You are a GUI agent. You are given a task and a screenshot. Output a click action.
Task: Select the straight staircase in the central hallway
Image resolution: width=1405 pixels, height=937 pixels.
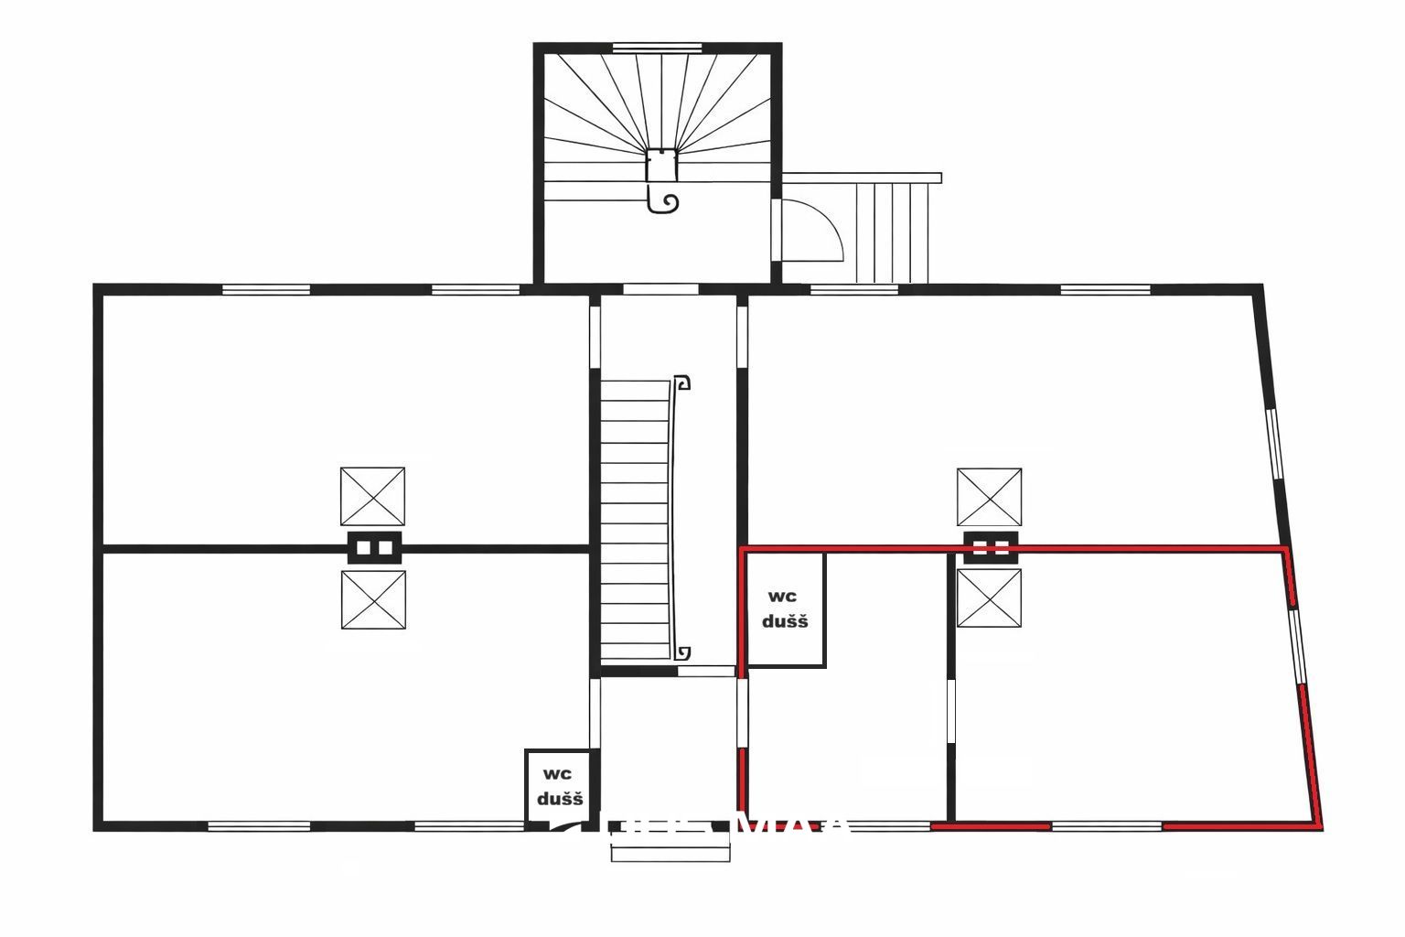coord(635,522)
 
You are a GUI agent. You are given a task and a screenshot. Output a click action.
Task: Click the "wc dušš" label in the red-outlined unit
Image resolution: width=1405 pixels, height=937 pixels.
coord(785,609)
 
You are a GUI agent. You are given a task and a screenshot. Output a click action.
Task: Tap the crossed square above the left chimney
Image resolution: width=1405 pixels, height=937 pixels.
coord(372,496)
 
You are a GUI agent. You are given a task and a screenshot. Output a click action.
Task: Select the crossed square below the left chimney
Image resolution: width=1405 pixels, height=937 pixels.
coord(372,599)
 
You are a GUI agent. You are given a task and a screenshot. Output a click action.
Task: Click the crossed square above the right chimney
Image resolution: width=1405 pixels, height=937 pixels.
coord(989,497)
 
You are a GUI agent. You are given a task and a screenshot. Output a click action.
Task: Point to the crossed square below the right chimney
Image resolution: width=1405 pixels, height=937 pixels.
coord(989,598)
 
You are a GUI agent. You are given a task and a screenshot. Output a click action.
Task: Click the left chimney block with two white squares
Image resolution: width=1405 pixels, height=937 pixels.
coord(374,547)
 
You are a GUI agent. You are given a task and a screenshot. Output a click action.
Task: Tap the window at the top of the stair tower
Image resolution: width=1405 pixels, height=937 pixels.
coord(657,48)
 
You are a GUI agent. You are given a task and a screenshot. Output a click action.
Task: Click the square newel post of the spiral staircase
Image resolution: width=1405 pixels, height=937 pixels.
coord(660,166)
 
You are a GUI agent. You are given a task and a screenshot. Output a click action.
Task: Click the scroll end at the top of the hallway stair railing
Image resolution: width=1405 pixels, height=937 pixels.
coord(682,382)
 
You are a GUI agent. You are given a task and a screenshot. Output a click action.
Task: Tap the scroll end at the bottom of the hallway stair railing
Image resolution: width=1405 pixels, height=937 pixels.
coord(682,652)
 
